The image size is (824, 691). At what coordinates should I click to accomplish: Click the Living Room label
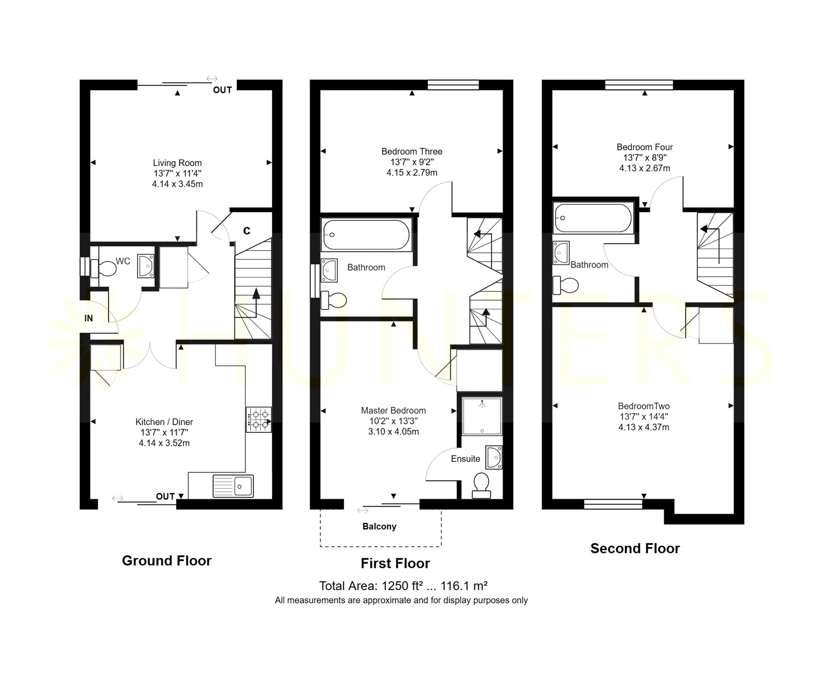point(177,163)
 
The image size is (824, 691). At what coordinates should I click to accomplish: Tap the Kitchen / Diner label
point(164,422)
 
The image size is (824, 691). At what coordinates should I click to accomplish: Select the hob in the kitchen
point(259,420)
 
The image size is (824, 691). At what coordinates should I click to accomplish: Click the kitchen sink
point(233,486)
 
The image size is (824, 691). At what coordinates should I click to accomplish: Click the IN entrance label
point(89,318)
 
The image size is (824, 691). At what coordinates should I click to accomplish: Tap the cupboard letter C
point(247,231)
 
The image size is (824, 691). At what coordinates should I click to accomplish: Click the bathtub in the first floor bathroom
point(366,235)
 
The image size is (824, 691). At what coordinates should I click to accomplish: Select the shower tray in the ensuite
point(482,416)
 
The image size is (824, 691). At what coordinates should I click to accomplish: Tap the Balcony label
point(380,526)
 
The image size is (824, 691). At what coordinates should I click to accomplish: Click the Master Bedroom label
point(393,410)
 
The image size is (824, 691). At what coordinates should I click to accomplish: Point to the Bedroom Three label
point(412,151)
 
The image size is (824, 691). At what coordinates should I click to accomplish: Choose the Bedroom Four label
point(645,147)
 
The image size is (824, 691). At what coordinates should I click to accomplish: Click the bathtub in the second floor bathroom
point(593,218)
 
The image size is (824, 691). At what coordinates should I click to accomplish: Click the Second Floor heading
point(635,548)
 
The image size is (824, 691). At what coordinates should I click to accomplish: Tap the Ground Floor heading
point(166,561)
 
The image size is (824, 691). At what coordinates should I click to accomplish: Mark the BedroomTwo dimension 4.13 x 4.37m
point(644,427)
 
